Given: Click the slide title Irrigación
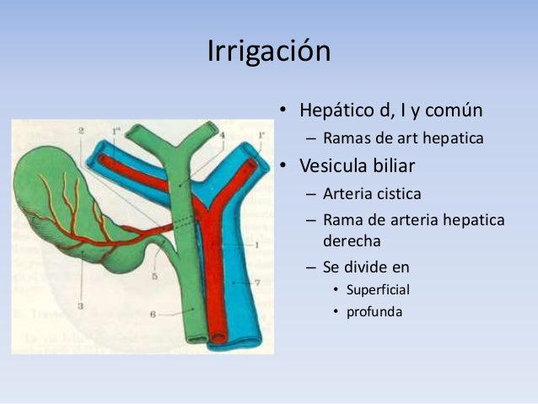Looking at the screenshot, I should point(268,51).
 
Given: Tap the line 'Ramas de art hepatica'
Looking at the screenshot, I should point(403,137).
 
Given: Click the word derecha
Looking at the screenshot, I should point(352,240).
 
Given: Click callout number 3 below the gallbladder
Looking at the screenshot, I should point(80,305).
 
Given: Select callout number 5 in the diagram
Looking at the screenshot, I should point(155,276).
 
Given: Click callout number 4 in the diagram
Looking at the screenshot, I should point(222,134).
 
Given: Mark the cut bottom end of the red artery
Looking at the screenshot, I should point(218,338).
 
